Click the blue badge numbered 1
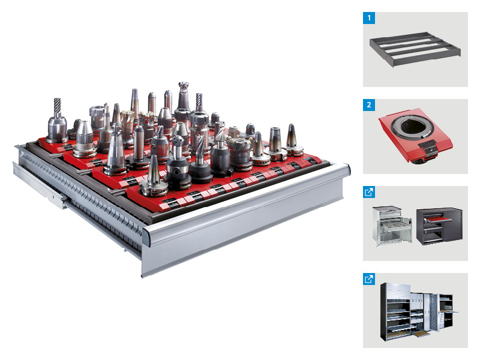tap(369, 18)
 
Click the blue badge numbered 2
tap(369, 105)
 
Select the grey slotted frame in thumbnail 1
tap(415, 49)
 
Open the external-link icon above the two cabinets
tap(369, 192)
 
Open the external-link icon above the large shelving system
tap(369, 279)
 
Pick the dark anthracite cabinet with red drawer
tap(439, 227)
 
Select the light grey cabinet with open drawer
tap(392, 226)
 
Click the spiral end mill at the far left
tap(58, 121)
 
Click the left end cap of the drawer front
tap(146, 236)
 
